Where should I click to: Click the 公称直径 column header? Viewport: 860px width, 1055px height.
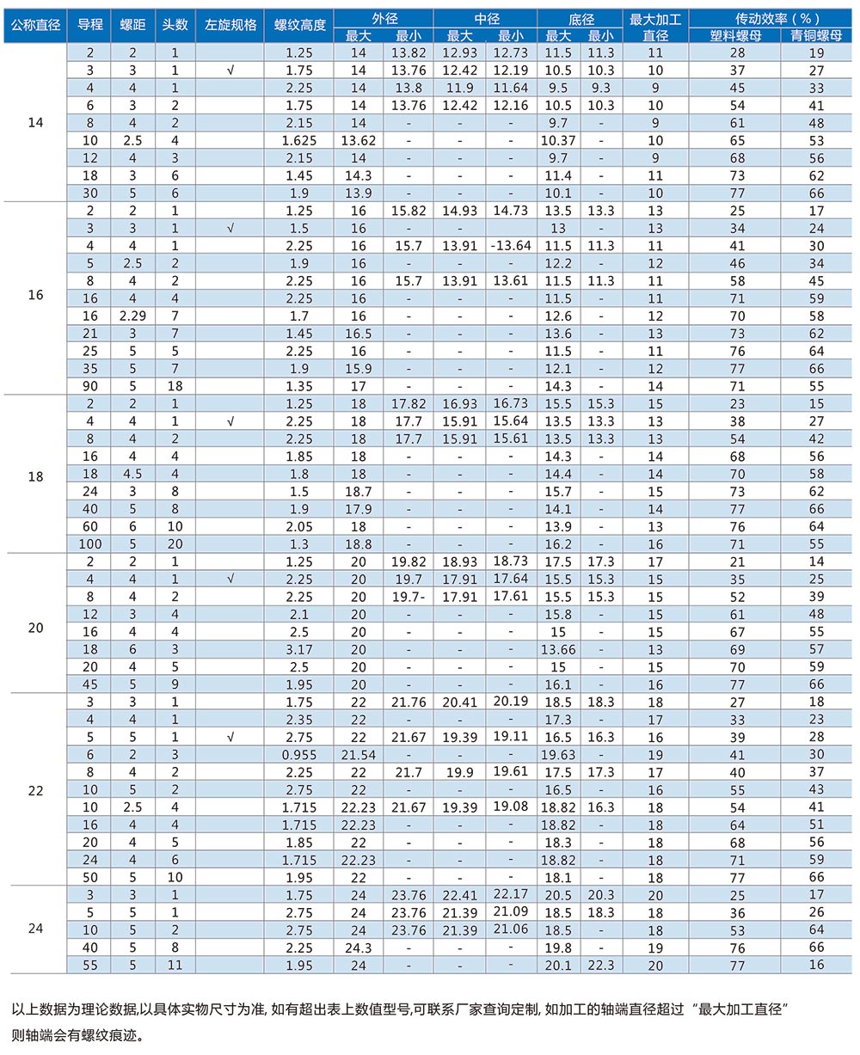(35, 25)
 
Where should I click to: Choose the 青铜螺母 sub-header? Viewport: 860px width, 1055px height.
(817, 35)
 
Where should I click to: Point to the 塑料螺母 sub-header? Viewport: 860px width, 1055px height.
(737, 35)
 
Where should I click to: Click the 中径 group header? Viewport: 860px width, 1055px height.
(486, 17)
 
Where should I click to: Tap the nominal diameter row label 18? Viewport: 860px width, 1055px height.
(35, 475)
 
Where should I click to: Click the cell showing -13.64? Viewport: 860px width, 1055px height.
(510, 246)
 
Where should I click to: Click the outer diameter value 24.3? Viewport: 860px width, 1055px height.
(358, 948)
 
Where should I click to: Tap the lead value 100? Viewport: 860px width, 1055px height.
(89, 544)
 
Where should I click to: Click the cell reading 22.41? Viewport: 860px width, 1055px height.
(459, 895)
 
